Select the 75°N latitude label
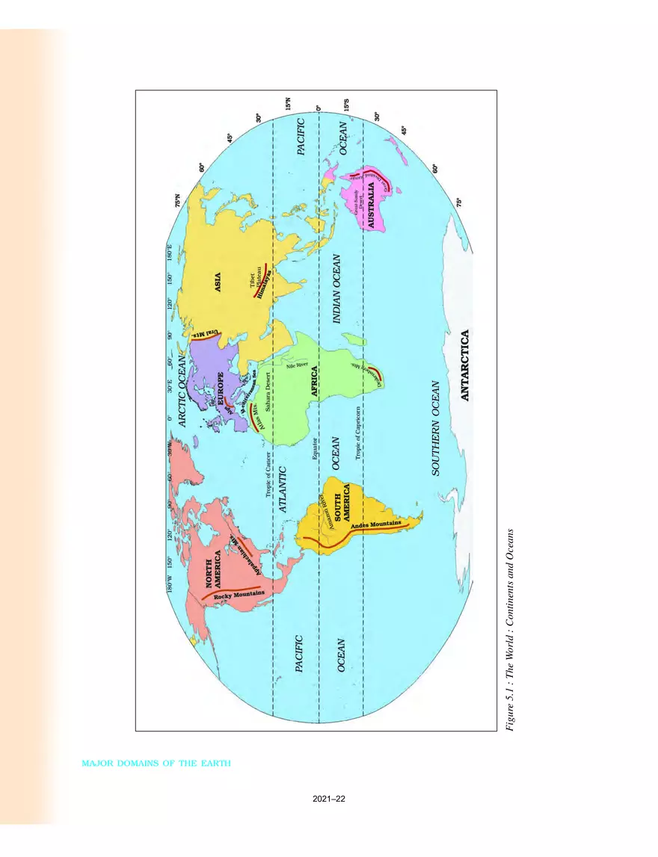pos(176,201)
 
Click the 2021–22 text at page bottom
pos(329,799)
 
